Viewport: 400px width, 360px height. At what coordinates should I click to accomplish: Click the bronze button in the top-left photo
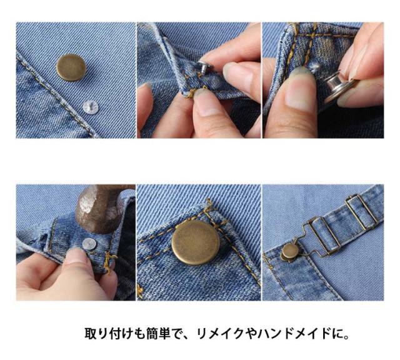click(71, 67)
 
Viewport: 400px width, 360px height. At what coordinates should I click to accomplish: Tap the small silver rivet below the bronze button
click(91, 107)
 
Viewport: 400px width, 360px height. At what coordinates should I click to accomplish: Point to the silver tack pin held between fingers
click(204, 67)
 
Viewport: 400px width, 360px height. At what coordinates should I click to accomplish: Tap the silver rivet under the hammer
click(89, 244)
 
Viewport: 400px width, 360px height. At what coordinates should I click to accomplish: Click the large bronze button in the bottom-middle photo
click(196, 242)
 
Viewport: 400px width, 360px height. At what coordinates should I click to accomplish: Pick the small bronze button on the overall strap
click(290, 251)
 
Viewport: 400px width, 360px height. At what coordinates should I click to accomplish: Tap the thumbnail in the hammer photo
click(76, 256)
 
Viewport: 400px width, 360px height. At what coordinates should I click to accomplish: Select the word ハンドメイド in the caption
click(295, 333)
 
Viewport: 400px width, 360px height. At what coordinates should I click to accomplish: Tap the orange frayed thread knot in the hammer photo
click(109, 262)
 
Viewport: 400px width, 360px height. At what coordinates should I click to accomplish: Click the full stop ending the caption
click(346, 336)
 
